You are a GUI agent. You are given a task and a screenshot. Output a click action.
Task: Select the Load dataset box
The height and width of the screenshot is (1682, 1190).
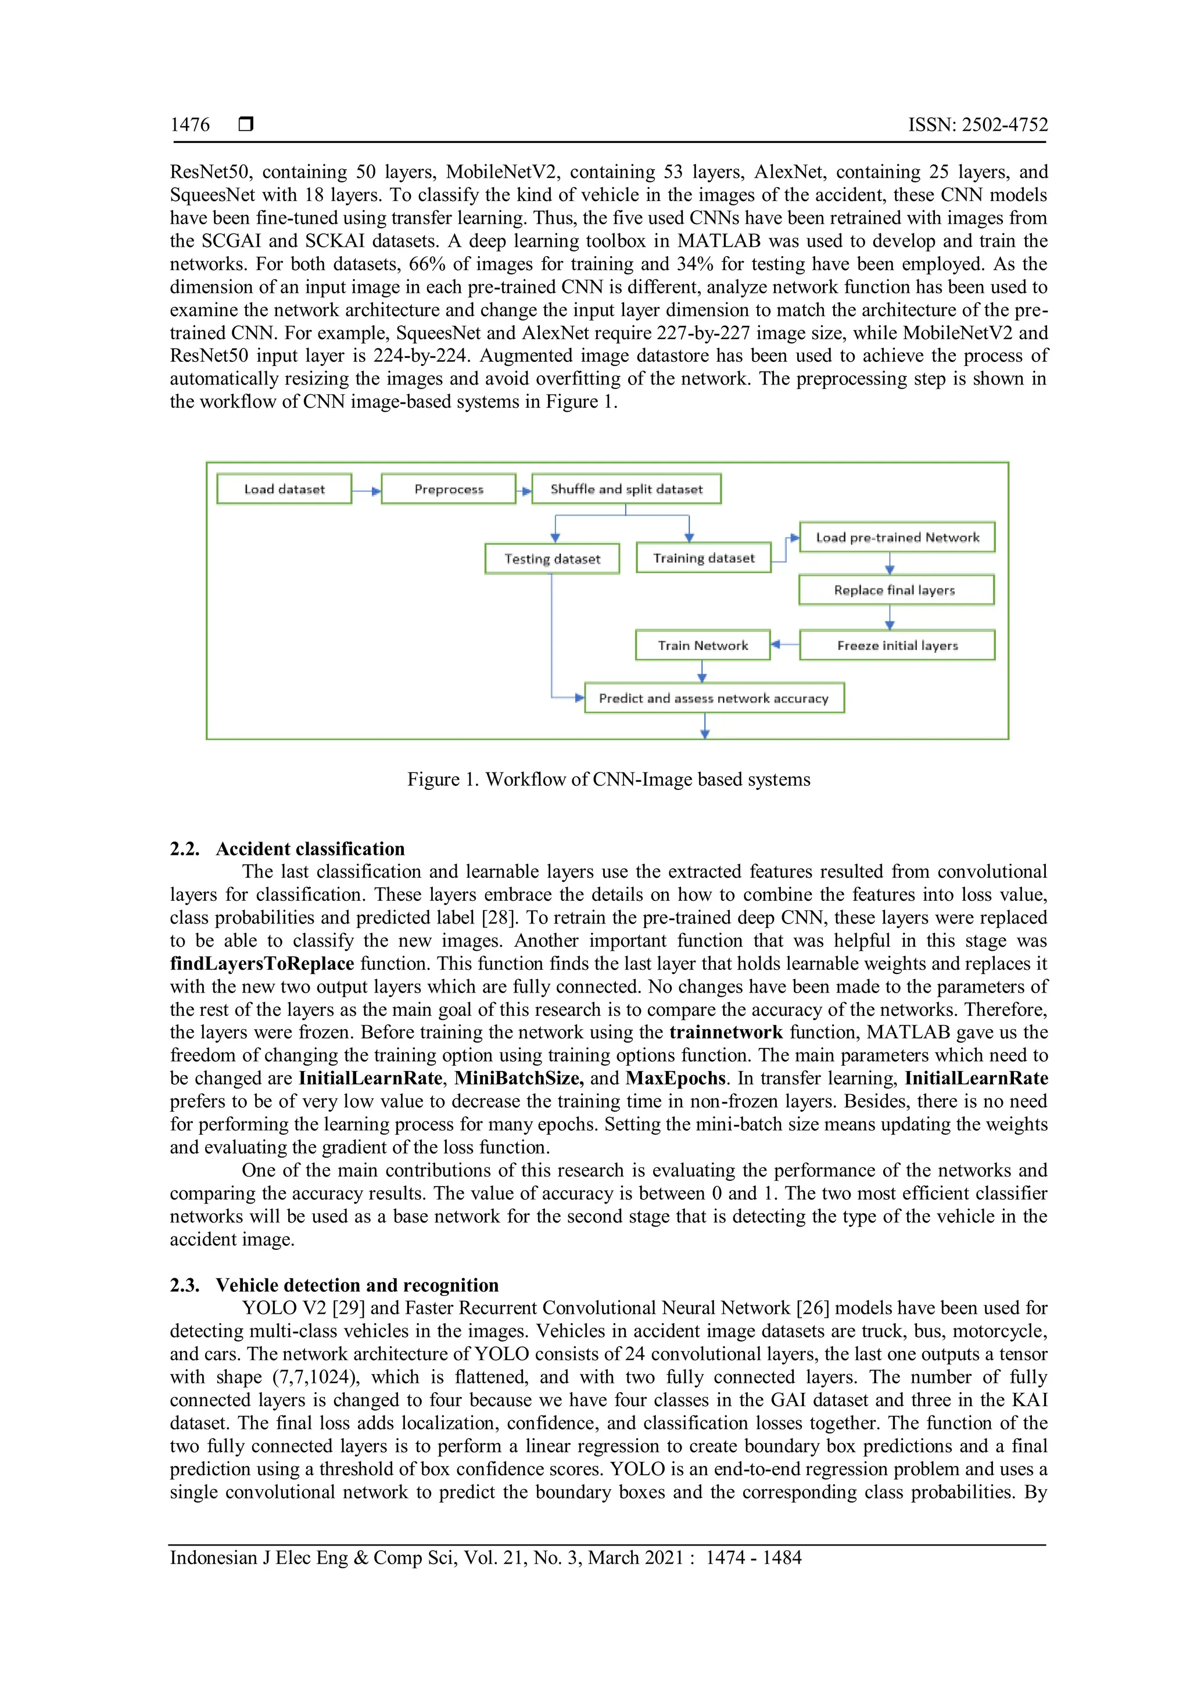284,488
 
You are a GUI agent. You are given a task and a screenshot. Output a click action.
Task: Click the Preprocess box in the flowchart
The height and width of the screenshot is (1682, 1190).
449,488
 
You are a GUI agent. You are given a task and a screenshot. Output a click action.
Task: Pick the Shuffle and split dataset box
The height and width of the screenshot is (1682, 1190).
626,488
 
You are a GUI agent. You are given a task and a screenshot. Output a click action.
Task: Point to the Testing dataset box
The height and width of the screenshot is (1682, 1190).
552,559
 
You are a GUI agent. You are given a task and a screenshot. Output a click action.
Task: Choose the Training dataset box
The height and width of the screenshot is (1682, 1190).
704,558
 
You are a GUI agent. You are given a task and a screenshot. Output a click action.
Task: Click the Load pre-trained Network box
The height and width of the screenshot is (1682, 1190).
897,537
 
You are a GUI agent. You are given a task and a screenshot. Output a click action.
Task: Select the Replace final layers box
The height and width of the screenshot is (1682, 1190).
895,590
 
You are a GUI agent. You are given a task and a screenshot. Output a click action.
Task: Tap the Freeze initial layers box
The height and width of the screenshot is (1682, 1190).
897,645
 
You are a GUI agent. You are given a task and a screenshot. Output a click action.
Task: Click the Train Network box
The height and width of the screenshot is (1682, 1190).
702,645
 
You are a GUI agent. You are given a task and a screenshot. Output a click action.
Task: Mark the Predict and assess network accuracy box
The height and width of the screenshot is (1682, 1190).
714,698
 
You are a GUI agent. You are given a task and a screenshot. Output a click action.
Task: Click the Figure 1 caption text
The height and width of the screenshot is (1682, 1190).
608,779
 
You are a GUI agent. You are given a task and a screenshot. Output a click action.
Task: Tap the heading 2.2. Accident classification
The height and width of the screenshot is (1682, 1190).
287,849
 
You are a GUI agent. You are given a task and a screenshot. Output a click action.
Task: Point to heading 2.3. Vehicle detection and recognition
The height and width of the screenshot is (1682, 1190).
334,1284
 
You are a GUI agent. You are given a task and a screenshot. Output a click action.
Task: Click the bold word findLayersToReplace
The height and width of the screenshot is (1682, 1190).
261,964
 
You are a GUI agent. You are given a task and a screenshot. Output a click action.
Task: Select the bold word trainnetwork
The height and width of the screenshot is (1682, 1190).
725,1032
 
